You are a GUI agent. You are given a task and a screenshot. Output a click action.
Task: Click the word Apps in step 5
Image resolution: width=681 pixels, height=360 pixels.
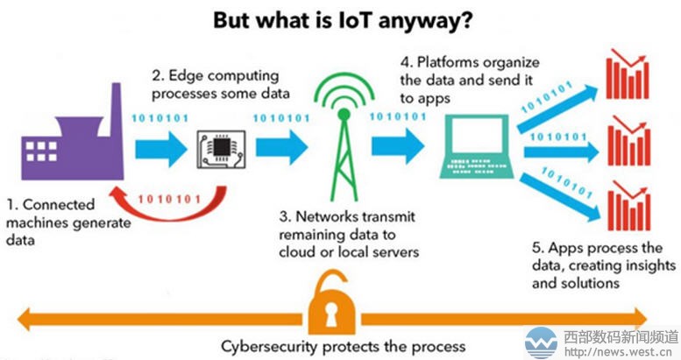[550, 248]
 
